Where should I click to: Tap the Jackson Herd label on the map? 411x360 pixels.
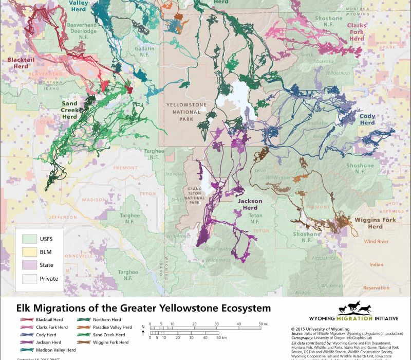coord(250,204)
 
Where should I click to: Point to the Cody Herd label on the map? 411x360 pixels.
coord(367,120)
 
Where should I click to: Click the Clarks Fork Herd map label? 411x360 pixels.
coord(356,32)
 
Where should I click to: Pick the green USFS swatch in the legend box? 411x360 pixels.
coord(32,238)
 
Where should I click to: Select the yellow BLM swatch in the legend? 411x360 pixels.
coord(32,251)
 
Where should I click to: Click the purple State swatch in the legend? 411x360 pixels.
coord(32,265)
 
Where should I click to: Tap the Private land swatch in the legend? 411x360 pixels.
coord(32,279)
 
